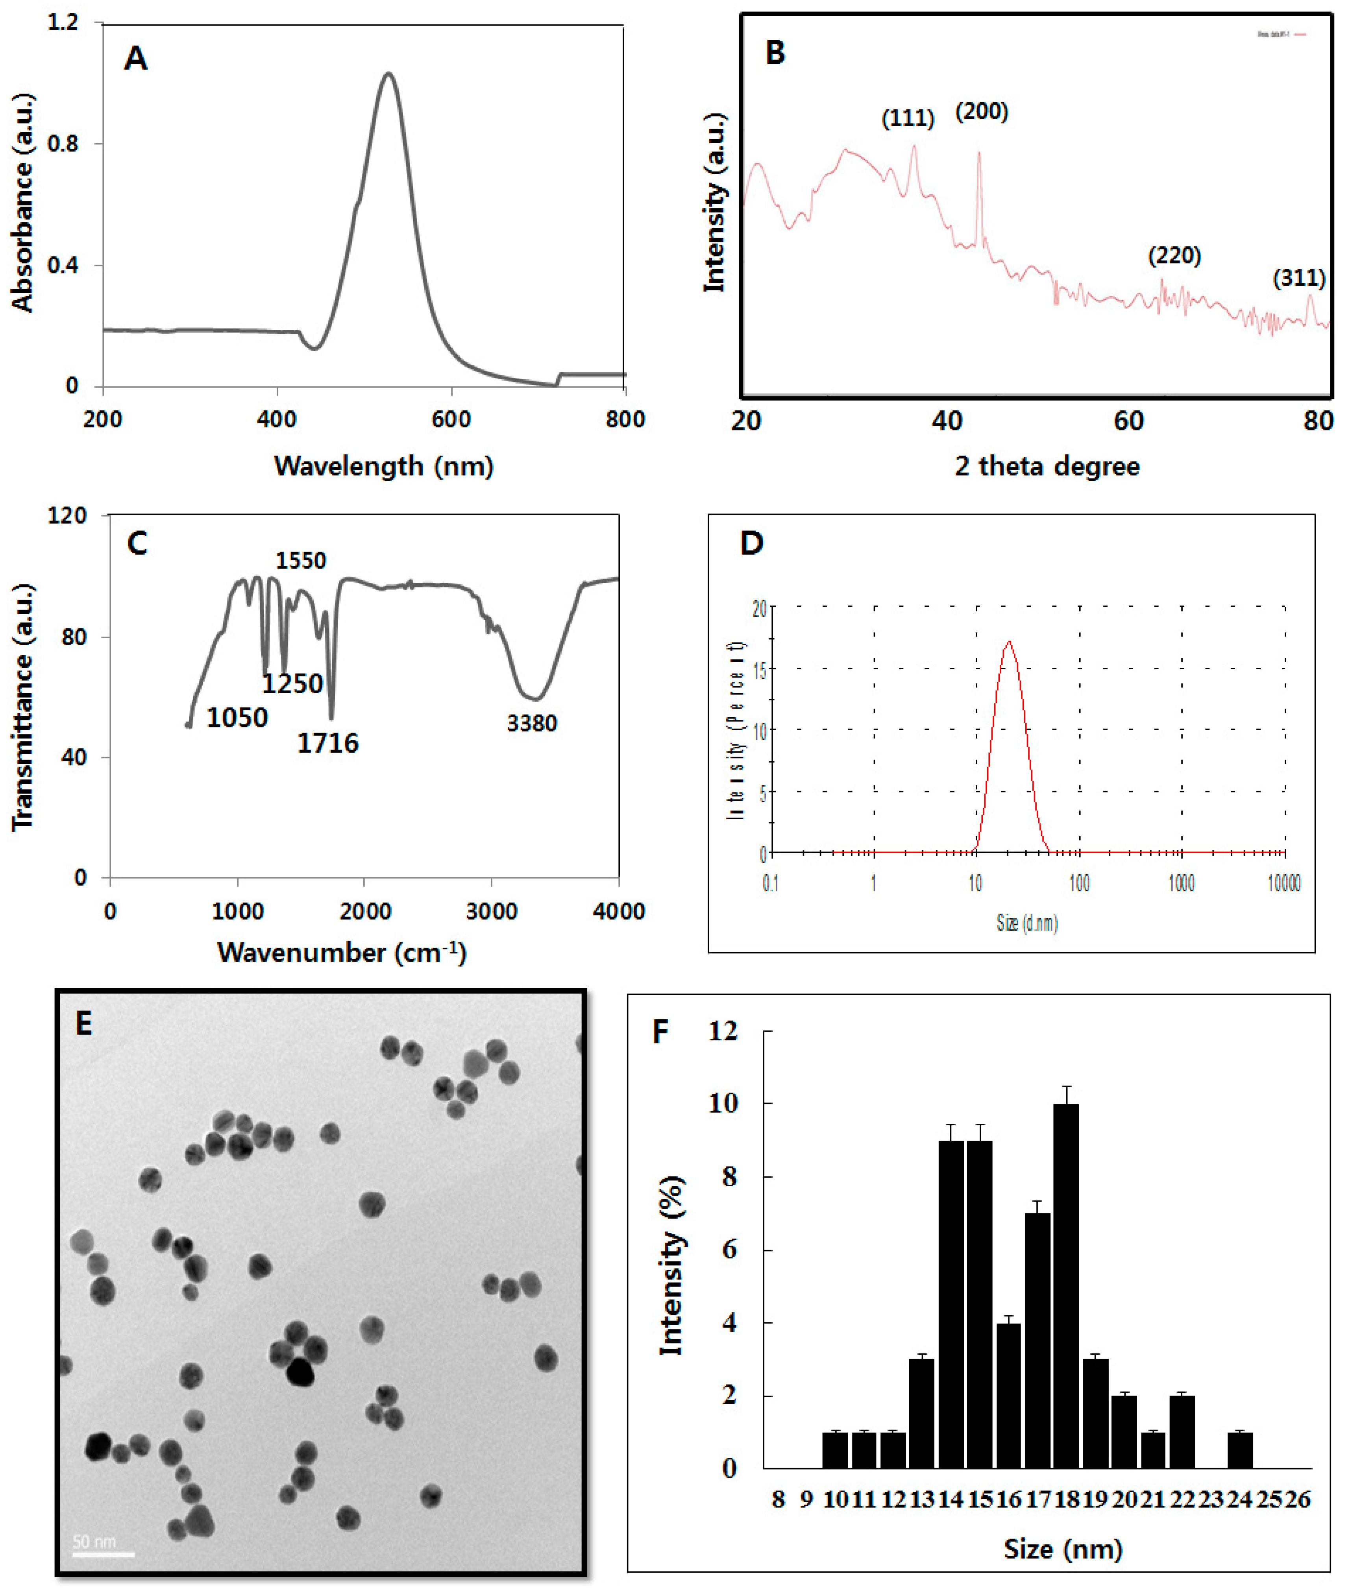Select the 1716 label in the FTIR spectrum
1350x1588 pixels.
tap(327, 743)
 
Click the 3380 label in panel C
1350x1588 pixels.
tap(532, 723)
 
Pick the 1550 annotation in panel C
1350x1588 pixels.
tap(301, 561)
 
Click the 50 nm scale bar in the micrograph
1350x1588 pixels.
tap(103, 1554)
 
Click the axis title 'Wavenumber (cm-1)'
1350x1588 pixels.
tap(341, 952)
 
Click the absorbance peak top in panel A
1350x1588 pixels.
tap(389, 74)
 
